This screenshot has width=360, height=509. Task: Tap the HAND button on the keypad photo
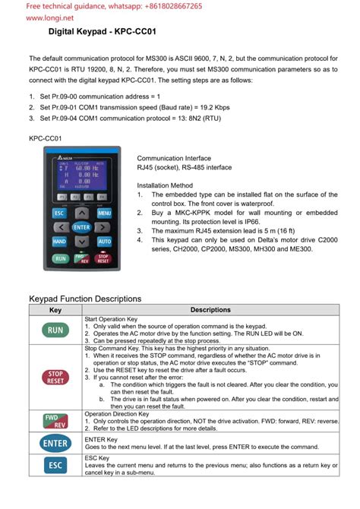59,241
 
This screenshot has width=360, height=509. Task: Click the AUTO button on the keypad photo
104,241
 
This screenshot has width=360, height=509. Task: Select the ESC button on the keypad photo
59,213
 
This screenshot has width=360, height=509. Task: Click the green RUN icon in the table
55,330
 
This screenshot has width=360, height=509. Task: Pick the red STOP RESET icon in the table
55,378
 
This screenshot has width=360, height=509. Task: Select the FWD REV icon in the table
55,420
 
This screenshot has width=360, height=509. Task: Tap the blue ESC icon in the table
55,464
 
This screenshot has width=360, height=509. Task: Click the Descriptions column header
210,310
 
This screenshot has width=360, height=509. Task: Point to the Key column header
55,310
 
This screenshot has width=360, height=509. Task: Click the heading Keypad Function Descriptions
85,299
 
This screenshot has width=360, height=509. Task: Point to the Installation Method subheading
165,185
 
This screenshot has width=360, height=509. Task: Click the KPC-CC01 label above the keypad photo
45,139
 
